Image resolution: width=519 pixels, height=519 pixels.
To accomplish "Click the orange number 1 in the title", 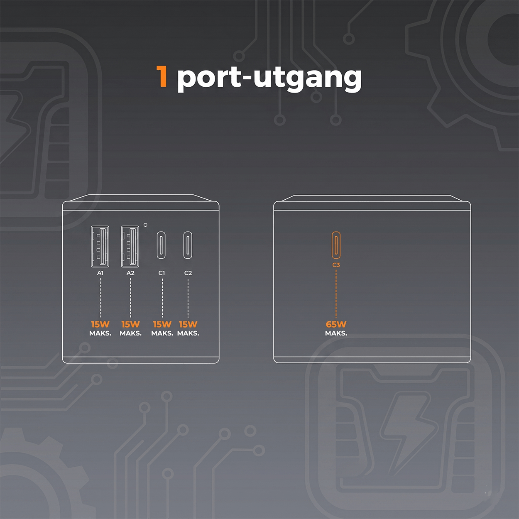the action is coord(162,77).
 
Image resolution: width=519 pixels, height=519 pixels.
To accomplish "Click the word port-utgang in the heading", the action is coord(269,78).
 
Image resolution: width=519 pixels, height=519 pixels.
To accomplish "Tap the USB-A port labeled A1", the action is coord(100,247).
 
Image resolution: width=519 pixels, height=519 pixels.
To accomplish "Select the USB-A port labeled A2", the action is coord(130,247).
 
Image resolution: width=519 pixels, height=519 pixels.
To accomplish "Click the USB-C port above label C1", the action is coord(161,245).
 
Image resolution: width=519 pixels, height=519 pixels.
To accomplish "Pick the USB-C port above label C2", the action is coord(188,245).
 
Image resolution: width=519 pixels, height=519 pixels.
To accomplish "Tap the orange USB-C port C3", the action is coord(336,245).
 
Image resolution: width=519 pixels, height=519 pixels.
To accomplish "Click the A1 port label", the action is coord(100,273).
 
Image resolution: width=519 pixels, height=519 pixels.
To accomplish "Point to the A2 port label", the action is coord(130,273).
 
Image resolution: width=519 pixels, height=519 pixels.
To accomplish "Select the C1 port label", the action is coord(162,273).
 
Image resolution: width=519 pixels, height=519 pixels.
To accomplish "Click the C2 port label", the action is coord(188,273).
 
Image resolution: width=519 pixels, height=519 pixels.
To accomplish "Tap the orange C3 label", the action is coord(336,265).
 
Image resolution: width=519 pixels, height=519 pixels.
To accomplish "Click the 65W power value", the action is coord(336,324).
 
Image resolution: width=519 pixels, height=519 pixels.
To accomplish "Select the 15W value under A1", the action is coord(100,324).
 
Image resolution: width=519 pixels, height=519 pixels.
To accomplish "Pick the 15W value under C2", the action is coord(188,324).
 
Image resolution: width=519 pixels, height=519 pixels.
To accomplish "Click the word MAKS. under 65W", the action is coord(336,333).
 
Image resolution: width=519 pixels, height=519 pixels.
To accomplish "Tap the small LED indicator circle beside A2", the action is coord(145,225).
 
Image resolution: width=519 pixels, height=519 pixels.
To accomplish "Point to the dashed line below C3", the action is coord(336,294).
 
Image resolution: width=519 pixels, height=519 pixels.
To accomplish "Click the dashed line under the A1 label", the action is coord(100,298).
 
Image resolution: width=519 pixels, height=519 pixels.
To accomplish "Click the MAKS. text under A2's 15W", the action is coord(131,333).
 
